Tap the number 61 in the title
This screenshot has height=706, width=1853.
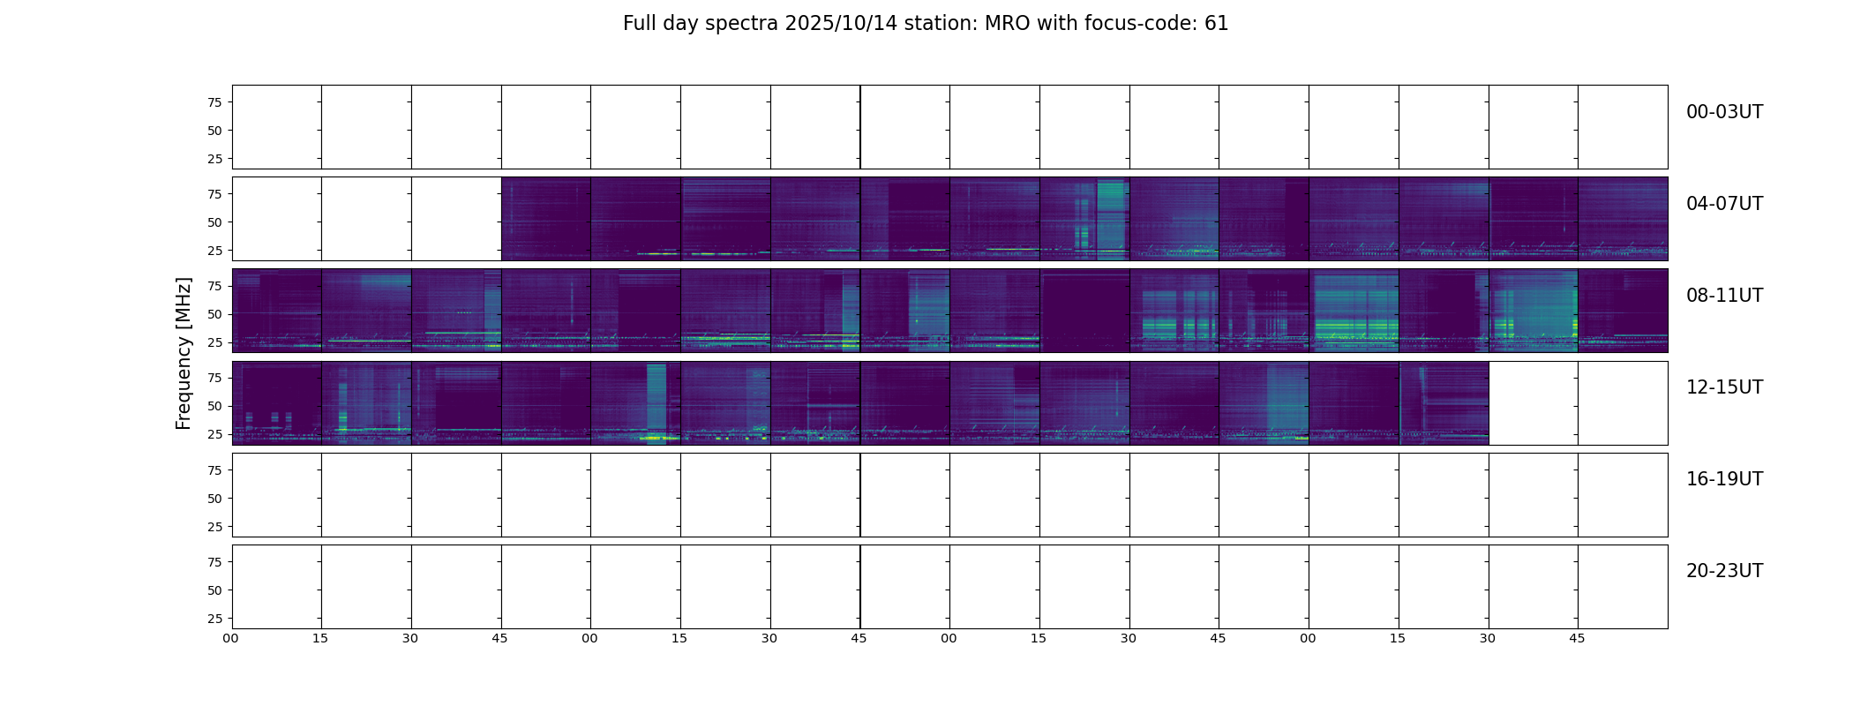pos(1216,24)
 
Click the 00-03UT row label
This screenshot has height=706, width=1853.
pos(1724,112)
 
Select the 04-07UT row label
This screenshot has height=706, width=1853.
pos(1724,204)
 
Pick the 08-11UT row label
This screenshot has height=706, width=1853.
pos(1724,296)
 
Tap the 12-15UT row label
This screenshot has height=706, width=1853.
pos(1724,387)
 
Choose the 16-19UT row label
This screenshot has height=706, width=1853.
pos(1724,479)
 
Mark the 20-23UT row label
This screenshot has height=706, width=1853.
pos(1724,571)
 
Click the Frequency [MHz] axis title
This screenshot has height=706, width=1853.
pos(184,353)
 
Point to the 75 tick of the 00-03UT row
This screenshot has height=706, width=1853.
pos(214,102)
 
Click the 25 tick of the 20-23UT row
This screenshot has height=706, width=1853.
pos(214,619)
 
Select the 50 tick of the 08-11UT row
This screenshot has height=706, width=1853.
pos(214,314)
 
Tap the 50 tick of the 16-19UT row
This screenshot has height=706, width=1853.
pos(214,499)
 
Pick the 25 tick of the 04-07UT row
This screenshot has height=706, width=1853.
pos(214,251)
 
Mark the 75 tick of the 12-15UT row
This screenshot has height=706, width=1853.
pos(214,378)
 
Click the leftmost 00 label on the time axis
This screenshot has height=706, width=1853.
pos(230,638)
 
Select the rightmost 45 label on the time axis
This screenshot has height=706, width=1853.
pos(1577,638)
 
